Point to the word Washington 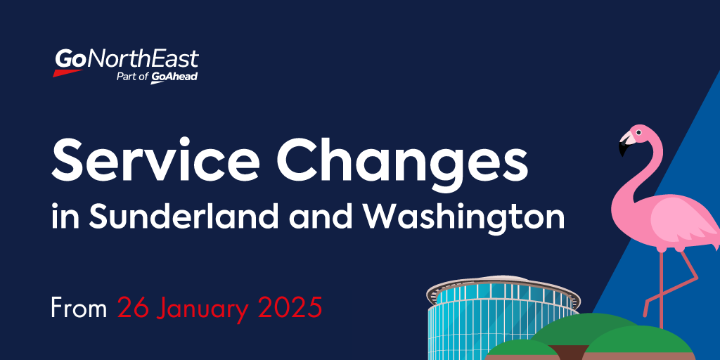[465, 217]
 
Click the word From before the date [78, 307]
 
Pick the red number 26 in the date [134, 307]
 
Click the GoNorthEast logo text [127, 60]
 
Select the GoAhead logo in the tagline [174, 77]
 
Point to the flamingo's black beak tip [622, 150]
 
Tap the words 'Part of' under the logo [132, 77]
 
